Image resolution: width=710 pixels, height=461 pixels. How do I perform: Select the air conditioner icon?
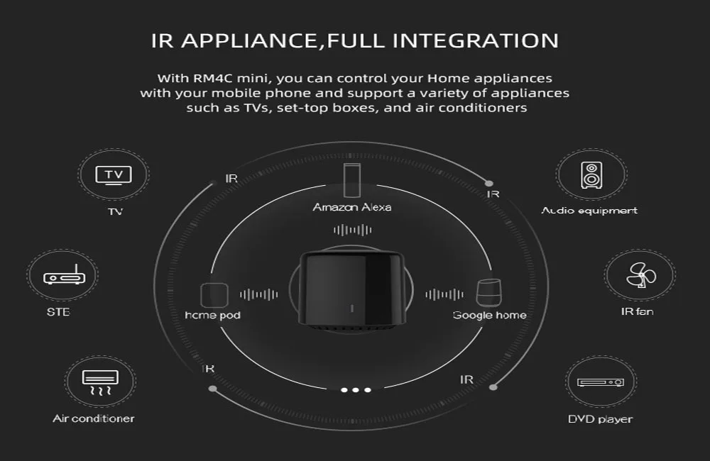tap(93, 383)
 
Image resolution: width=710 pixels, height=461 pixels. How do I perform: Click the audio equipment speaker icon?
tap(591, 174)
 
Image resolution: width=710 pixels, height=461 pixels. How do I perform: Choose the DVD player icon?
tap(600, 382)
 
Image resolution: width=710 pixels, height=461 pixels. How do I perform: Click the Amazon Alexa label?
tap(352, 207)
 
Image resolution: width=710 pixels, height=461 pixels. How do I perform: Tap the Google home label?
tap(490, 315)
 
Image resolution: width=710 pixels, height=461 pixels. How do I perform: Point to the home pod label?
tap(212, 315)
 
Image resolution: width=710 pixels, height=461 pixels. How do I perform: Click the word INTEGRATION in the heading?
tap(476, 40)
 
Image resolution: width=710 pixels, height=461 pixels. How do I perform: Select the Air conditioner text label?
tap(93, 418)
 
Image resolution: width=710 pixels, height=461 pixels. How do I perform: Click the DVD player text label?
tap(600, 419)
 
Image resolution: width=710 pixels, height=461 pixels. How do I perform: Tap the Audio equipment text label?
tap(589, 211)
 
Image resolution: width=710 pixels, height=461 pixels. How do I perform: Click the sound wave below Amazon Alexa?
tap(352, 230)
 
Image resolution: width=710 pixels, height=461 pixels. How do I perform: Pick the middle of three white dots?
tap(356, 390)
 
